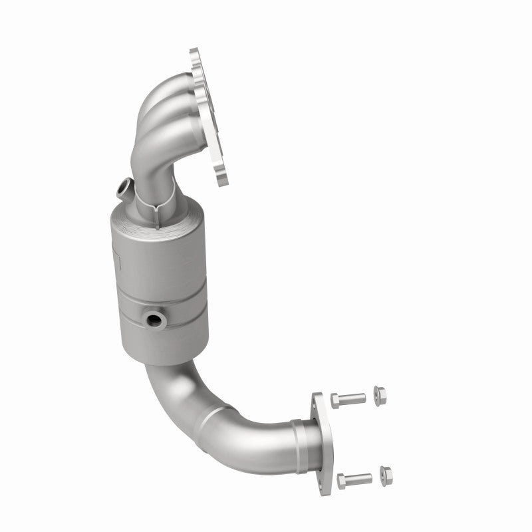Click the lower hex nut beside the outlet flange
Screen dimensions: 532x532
385,474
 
